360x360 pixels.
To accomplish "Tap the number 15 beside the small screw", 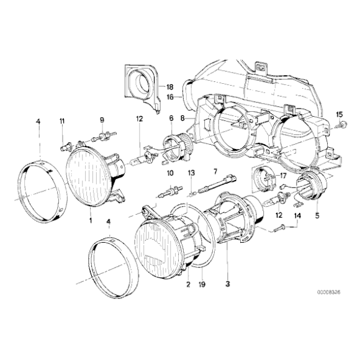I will click(339, 114).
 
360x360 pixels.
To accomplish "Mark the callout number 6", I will click(171, 118).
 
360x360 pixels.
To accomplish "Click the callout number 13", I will click(192, 172).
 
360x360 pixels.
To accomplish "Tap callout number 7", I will click(215, 171).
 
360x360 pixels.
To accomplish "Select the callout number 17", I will click(283, 176).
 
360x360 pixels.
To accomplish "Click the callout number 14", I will click(297, 215).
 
